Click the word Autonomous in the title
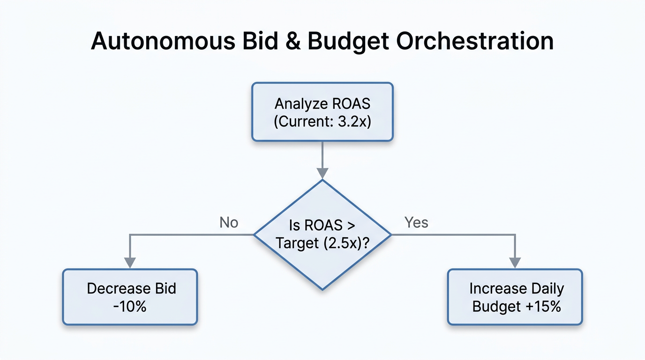(x=162, y=41)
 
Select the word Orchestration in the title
(x=475, y=41)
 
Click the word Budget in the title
(x=348, y=41)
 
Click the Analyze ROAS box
(x=322, y=112)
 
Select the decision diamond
(x=322, y=234)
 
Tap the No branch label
(x=229, y=222)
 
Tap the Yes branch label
(x=416, y=222)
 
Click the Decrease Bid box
(x=130, y=297)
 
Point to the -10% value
(x=130, y=307)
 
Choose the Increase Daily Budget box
(x=515, y=297)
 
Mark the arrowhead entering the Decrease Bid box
(x=129, y=263)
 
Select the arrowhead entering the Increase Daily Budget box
(x=515, y=263)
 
